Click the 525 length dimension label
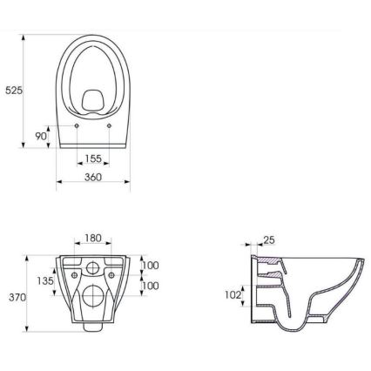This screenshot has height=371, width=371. [14, 90]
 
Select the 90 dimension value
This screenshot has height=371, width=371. [41, 136]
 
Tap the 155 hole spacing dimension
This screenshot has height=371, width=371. [93, 159]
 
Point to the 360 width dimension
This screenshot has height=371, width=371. [93, 177]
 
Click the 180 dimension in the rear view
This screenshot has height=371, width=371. [93, 238]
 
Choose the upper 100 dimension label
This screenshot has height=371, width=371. [151, 265]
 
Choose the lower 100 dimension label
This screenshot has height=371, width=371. [151, 285]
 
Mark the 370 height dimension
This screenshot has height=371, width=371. [17, 297]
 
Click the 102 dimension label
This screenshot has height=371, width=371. [233, 294]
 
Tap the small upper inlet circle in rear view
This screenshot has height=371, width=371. [93, 265]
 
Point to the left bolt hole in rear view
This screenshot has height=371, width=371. [73, 273]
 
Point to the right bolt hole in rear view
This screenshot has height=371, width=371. [113, 273]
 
